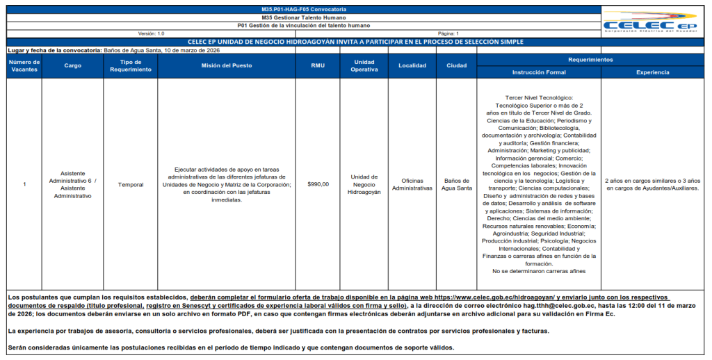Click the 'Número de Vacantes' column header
tap(24, 66)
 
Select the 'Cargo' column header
tap(72, 66)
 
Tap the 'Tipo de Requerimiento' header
tap(130, 66)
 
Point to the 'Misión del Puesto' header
tap(226, 66)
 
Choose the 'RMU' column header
tap(317, 66)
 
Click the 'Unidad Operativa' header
tap(364, 66)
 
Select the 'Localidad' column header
tap(412, 66)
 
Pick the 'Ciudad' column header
tap(456, 66)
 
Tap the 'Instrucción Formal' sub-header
tap(538, 72)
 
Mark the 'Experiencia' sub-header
tap(652, 72)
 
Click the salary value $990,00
tap(317, 184)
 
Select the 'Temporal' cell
tap(130, 184)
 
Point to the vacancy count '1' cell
tap(24, 184)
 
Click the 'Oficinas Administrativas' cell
tap(412, 184)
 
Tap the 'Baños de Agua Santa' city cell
tap(456, 184)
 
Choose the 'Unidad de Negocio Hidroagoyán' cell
tap(364, 184)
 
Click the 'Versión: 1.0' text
tap(151, 33)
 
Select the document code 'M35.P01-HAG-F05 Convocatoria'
tap(301, 9)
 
